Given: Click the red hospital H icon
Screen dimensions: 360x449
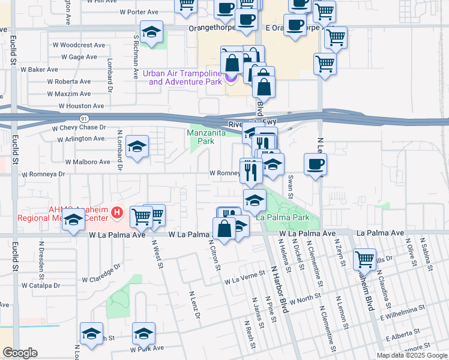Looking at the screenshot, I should click(x=118, y=212).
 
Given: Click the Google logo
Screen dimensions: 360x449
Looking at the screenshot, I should click(x=20, y=353).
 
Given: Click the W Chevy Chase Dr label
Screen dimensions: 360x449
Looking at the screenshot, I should click(x=79, y=128).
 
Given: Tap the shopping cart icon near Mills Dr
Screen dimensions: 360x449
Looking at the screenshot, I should click(x=364, y=259).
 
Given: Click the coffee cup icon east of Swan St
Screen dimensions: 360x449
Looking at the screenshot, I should click(x=315, y=164).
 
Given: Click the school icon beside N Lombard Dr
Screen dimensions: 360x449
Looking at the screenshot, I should click(x=137, y=146).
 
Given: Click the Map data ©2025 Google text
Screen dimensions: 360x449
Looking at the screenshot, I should click(x=411, y=355).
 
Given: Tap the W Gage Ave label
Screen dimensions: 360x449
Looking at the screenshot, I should click(x=79, y=58).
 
